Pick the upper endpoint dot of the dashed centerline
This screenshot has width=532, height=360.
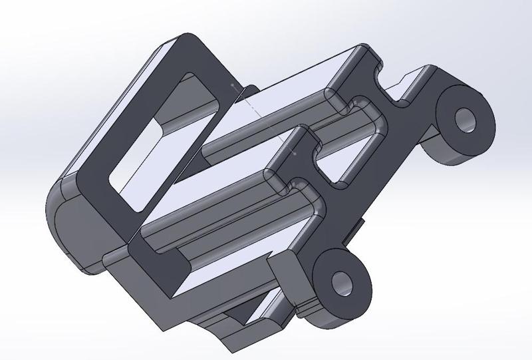click(x=231, y=85)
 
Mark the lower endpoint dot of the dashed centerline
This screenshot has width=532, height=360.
click(x=294, y=153)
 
